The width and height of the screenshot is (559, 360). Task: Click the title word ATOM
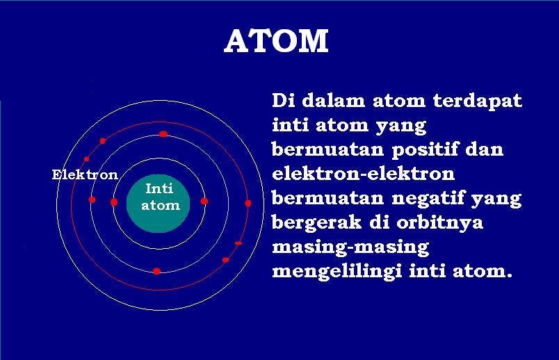(x=276, y=42)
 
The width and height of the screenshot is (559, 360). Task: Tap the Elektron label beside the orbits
(x=85, y=174)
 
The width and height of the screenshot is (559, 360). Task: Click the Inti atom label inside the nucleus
(x=161, y=197)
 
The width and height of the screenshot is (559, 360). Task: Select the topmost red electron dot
(x=163, y=134)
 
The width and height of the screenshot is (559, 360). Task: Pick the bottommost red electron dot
(x=157, y=270)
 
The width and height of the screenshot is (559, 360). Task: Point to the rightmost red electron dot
(x=248, y=203)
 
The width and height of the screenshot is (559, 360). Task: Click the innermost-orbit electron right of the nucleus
(x=204, y=201)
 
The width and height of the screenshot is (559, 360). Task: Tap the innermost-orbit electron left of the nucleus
(x=114, y=202)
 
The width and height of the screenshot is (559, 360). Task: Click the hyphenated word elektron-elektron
(x=363, y=174)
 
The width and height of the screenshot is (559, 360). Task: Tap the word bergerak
(x=316, y=223)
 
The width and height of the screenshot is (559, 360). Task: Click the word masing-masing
(x=350, y=247)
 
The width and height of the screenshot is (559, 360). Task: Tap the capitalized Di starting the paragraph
(x=282, y=101)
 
